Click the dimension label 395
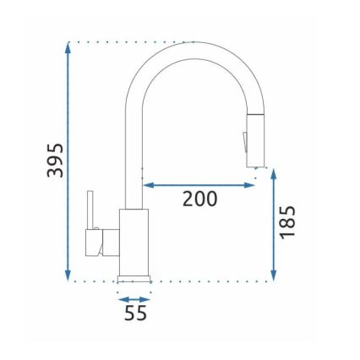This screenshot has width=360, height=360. (54, 160)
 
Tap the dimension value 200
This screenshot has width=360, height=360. (199, 199)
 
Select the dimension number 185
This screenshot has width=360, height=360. (287, 222)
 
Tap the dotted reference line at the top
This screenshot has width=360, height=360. (127, 41)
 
